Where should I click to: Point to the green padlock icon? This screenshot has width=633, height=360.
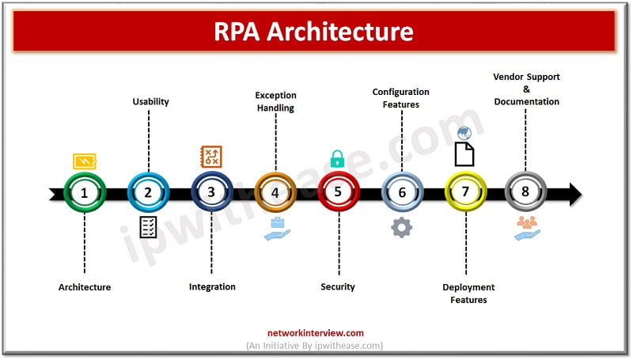click(338, 158)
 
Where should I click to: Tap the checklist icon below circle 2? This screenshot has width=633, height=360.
click(148, 227)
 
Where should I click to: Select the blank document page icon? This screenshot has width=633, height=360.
click(464, 154)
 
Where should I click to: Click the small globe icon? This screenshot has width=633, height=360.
click(464, 133)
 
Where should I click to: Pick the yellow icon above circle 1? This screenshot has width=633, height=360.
click(85, 161)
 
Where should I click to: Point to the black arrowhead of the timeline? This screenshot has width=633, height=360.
click(575, 194)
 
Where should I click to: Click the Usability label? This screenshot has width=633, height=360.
click(150, 102)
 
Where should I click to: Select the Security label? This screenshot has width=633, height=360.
click(338, 286)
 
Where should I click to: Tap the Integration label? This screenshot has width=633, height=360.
click(212, 287)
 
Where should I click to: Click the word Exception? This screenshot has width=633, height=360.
click(275, 96)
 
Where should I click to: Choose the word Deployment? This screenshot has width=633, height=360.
click(468, 287)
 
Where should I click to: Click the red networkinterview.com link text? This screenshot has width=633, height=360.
click(315, 333)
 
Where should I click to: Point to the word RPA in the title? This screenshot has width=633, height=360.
click(237, 32)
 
